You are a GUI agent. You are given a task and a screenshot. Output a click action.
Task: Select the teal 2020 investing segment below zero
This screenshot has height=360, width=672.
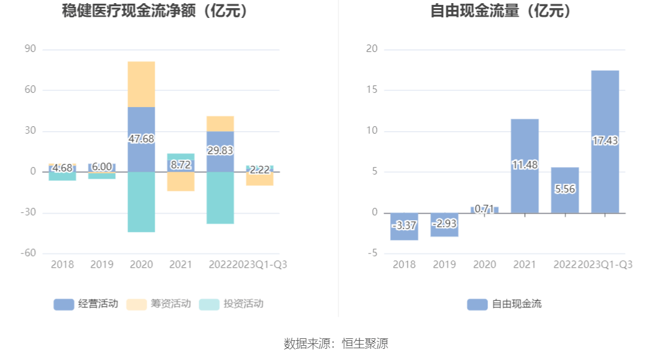(x=141, y=202)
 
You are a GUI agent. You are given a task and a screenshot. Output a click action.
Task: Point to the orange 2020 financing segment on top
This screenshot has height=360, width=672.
(x=141, y=84)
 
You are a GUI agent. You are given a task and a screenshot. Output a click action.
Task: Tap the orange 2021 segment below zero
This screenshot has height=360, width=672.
(x=181, y=181)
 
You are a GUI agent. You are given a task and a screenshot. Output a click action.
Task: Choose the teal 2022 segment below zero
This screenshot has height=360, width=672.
(x=220, y=197)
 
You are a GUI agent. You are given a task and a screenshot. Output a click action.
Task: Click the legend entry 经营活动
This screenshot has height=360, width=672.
(x=86, y=304)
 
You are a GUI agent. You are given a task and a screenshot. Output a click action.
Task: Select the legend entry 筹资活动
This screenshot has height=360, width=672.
(x=158, y=304)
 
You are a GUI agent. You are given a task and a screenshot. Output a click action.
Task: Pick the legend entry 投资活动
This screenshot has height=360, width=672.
(x=231, y=304)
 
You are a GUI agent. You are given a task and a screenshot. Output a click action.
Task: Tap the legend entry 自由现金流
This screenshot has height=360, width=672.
(x=504, y=304)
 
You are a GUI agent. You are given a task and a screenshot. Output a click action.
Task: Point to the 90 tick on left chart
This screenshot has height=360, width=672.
(x=30, y=49)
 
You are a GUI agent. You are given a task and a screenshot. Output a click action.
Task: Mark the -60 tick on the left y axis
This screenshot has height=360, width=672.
(x=28, y=254)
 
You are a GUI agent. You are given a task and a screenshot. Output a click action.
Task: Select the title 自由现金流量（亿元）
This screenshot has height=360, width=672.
(x=501, y=11)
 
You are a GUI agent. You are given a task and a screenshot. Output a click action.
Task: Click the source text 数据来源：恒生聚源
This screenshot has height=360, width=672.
(x=336, y=343)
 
